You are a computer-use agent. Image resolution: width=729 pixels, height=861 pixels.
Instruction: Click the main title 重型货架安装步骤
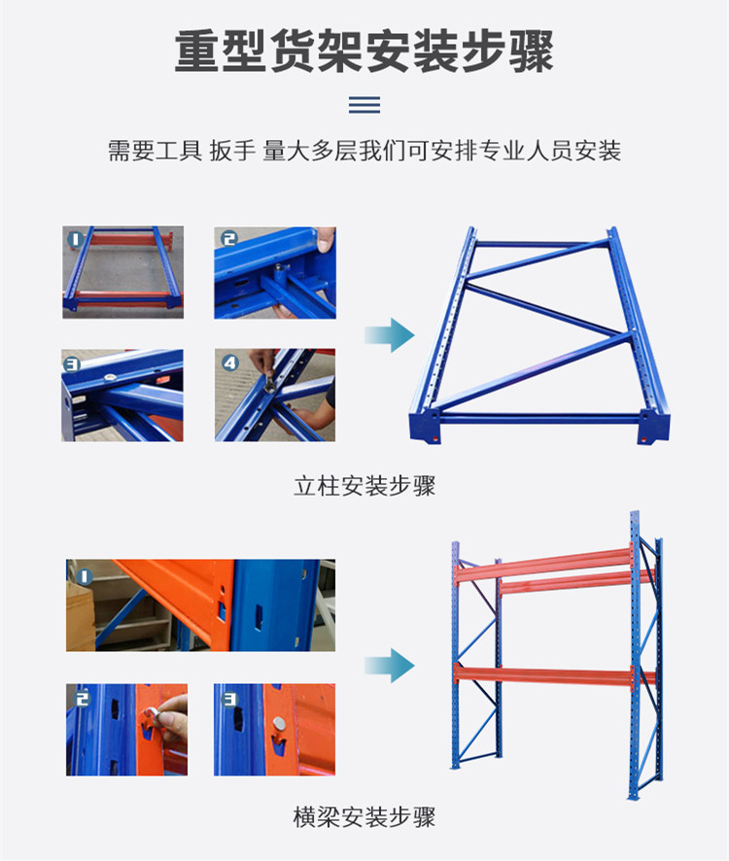pyautogui.click(x=364, y=52)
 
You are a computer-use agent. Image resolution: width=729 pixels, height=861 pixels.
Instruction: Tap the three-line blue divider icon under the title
pyautogui.click(x=364, y=104)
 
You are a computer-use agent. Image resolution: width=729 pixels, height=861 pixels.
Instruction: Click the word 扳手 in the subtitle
pyautogui.click(x=232, y=151)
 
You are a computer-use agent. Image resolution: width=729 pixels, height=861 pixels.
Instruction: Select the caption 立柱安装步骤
pyautogui.click(x=364, y=486)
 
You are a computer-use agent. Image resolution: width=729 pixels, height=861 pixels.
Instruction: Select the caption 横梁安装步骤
pyautogui.click(x=364, y=816)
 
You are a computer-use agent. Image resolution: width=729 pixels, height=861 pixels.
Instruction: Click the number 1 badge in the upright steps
pyautogui.click(x=75, y=239)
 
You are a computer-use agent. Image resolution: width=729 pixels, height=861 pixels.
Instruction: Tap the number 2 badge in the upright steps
pyautogui.click(x=228, y=238)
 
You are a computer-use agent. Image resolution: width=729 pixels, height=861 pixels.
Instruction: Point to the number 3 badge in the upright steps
pyautogui.click(x=71, y=364)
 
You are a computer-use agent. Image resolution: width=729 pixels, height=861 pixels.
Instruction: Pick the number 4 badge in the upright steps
pyautogui.click(x=229, y=362)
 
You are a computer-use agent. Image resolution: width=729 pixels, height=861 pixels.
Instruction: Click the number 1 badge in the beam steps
pyautogui.click(x=85, y=576)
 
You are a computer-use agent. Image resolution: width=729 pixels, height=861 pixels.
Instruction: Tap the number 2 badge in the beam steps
pyautogui.click(x=82, y=699)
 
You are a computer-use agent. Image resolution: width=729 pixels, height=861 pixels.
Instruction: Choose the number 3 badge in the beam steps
pyautogui.click(x=229, y=699)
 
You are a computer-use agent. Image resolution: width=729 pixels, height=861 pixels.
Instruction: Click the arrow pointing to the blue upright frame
pyautogui.click(x=390, y=334)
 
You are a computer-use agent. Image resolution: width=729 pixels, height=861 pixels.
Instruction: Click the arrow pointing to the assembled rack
pyautogui.click(x=390, y=665)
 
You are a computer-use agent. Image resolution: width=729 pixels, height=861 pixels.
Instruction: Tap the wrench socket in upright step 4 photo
pyautogui.click(x=270, y=382)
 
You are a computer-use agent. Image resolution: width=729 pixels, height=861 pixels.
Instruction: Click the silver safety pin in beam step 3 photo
pyautogui.click(x=279, y=724)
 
